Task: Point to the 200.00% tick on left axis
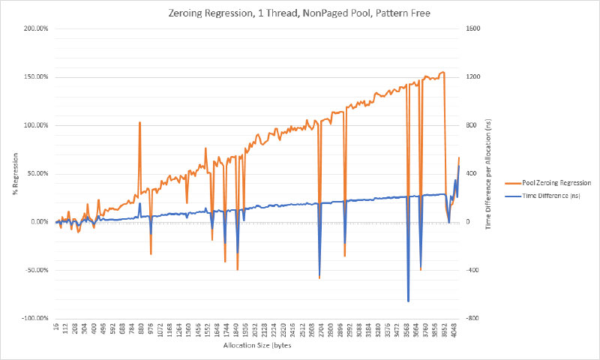(x=34, y=28)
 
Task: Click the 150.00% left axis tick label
(x=34, y=77)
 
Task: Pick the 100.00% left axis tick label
(x=34, y=125)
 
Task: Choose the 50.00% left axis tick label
(x=36, y=173)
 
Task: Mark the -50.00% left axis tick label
(x=35, y=270)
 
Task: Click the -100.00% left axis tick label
(x=34, y=318)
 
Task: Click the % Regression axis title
(x=14, y=173)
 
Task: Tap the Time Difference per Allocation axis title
(x=489, y=173)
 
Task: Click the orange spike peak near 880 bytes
(x=139, y=122)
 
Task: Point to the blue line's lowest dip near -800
(x=409, y=301)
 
